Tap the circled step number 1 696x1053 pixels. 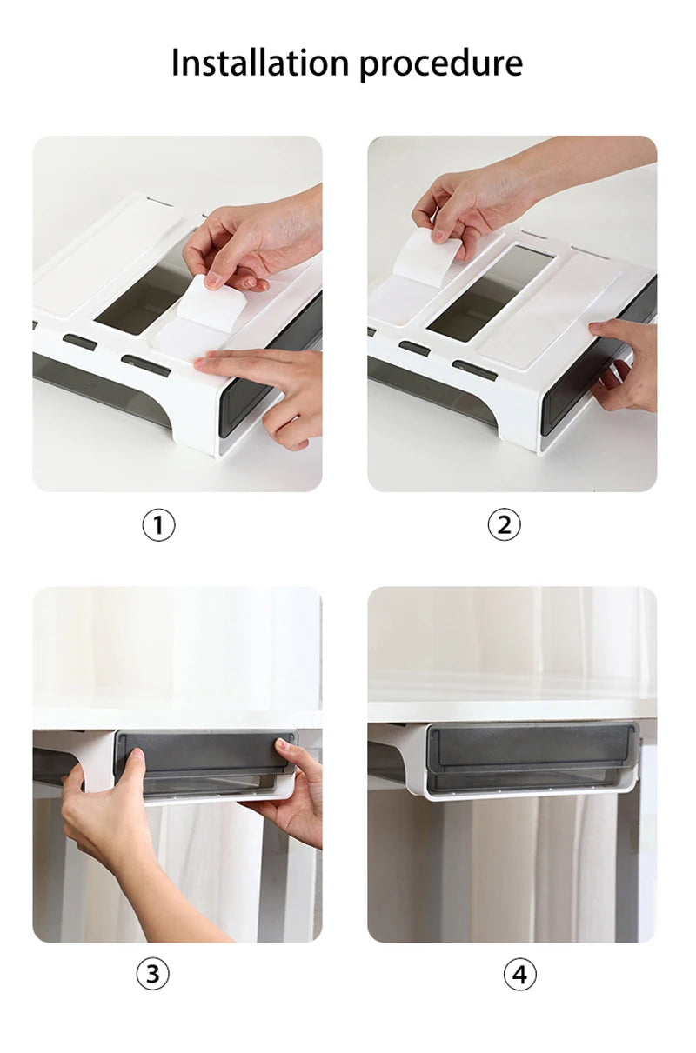(158, 524)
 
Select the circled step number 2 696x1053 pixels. (504, 524)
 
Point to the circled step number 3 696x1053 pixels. (152, 975)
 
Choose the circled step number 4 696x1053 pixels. (519, 975)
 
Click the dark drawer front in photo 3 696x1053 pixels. (200, 752)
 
